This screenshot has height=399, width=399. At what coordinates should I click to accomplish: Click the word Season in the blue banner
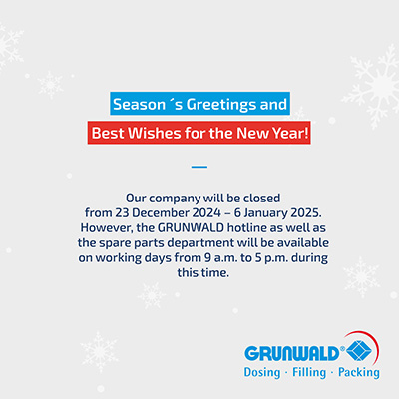click(x=139, y=104)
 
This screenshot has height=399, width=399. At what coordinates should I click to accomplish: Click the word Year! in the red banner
click(x=290, y=133)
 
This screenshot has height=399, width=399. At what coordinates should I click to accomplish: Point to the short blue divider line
click(x=199, y=167)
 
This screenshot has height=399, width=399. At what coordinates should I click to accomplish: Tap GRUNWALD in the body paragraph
click(x=191, y=228)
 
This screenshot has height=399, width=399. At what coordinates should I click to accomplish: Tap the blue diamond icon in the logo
click(x=359, y=352)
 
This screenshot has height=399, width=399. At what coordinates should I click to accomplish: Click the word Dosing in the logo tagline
click(x=262, y=373)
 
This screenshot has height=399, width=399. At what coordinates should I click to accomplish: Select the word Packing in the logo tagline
click(x=359, y=373)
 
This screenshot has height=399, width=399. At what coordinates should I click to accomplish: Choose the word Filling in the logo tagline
click(x=309, y=373)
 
